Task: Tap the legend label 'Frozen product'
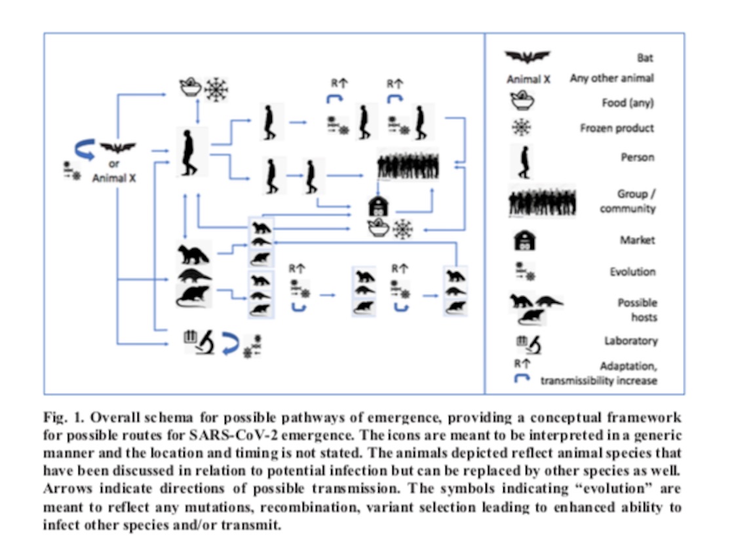[617, 129]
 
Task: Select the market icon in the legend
[525, 240]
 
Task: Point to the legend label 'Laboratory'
[630, 341]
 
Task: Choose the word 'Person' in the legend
[640, 158]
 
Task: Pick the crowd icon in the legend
[541, 201]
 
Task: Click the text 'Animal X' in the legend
[527, 79]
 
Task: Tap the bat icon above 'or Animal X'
[117, 148]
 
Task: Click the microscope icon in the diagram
[208, 341]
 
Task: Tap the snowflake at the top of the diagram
[214, 89]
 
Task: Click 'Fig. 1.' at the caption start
[61, 418]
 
